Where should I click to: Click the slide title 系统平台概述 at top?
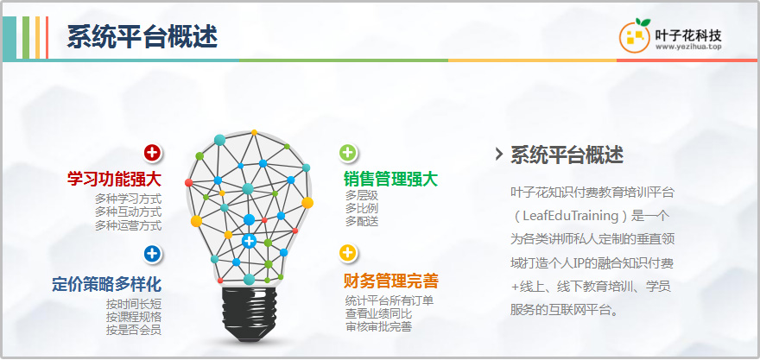(x=142, y=37)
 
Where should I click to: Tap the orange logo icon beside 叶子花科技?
(x=635, y=35)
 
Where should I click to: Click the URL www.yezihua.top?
(x=688, y=47)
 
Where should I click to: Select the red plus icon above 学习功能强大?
(x=152, y=153)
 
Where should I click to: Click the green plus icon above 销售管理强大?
(x=347, y=153)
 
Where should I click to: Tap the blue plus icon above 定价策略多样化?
(x=152, y=254)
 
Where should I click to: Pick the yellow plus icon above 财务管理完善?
(x=347, y=253)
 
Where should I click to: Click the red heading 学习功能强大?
(x=114, y=180)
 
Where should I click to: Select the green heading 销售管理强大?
(x=390, y=180)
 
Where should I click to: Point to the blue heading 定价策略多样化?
(x=106, y=284)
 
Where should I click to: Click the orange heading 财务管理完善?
(x=391, y=281)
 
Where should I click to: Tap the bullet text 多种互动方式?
(x=128, y=212)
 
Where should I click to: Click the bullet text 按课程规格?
(x=134, y=318)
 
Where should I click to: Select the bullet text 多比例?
(x=362, y=209)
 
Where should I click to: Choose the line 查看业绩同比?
(x=378, y=313)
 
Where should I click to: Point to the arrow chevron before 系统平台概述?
(x=499, y=155)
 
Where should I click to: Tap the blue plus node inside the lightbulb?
(x=249, y=240)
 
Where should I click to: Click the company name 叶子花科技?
(x=688, y=35)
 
